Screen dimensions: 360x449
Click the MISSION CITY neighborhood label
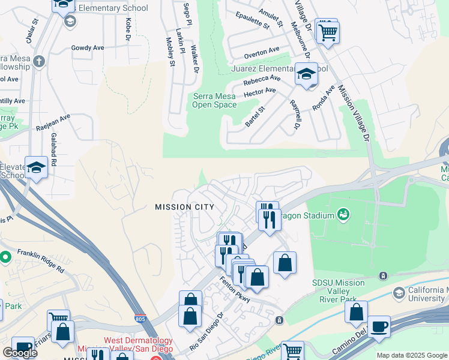pos(184,207)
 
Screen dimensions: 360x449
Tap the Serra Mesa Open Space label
pos(214,100)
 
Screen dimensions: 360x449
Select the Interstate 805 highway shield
pos(140,319)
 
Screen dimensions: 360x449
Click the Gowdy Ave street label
pos(88,47)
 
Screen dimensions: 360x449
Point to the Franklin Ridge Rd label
pos(41,261)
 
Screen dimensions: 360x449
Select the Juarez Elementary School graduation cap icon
pos(306,76)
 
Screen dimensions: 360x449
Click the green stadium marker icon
pos(343,213)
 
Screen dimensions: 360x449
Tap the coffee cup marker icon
pos(378,327)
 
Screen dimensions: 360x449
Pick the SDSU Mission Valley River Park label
pos(338,288)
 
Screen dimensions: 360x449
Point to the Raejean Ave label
pos(53,122)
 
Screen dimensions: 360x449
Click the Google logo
pos(20,352)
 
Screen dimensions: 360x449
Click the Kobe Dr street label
pos(128,29)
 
